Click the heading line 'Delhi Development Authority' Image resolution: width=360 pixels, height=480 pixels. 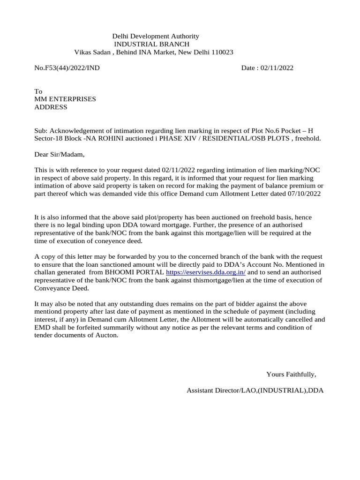pos(155,36)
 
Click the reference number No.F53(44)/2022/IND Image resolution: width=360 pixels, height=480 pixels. pos(67,68)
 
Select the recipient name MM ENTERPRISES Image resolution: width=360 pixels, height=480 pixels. pos(65,99)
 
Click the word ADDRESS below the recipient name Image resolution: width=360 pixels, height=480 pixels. pos(51,107)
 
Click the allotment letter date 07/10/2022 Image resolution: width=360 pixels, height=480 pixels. pos(302,194)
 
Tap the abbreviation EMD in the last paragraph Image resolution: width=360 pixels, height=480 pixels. pos(42,328)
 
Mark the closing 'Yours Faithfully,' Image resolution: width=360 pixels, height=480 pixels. pos(291,374)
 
